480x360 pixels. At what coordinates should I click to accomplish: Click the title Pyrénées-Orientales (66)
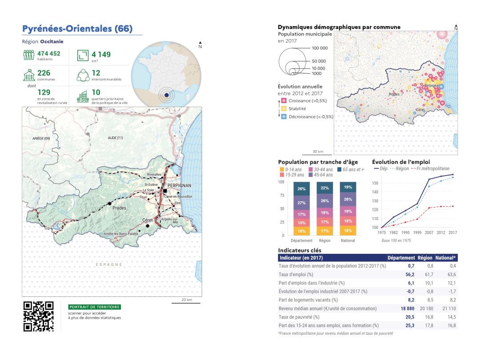click(77, 29)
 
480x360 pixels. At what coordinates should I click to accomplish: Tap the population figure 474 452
click(48, 54)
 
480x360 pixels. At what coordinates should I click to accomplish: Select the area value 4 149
click(101, 55)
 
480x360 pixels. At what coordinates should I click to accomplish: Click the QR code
click(38, 317)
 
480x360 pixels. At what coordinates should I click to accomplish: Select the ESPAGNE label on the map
click(108, 264)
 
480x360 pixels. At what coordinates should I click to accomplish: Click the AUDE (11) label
click(115, 138)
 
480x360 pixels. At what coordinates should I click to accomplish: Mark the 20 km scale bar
click(186, 302)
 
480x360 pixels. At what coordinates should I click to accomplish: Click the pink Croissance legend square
click(281, 100)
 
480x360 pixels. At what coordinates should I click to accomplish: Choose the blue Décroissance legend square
click(281, 116)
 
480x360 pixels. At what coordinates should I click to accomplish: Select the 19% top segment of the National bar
click(348, 187)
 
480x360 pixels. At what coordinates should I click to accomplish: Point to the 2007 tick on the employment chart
click(429, 232)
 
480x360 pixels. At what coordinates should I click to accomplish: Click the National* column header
click(448, 258)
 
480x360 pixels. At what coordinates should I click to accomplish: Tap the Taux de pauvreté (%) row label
click(296, 317)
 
